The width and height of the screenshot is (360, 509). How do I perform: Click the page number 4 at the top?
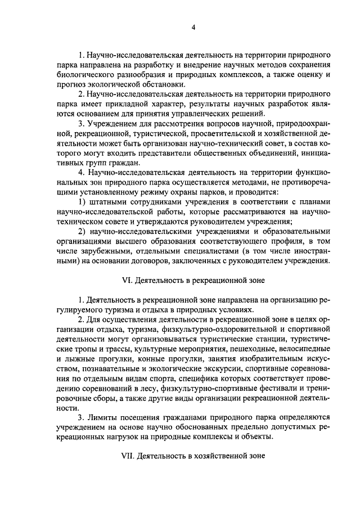coord(192,27)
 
